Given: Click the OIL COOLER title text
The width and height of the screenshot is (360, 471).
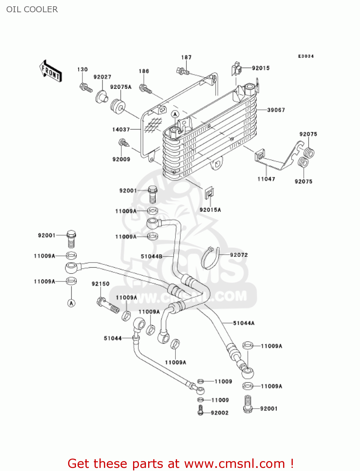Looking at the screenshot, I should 32,9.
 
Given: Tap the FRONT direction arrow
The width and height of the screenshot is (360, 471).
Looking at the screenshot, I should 51,71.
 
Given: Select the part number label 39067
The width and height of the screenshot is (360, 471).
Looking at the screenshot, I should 276,110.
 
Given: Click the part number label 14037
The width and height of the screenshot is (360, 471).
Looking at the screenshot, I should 121,129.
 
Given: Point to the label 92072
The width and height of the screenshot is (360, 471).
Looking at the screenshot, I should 239,255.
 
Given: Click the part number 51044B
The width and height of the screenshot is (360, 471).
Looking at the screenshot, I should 151,257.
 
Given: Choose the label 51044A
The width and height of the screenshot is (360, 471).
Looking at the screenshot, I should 244,323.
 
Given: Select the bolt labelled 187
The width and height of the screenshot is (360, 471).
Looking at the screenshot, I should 183,72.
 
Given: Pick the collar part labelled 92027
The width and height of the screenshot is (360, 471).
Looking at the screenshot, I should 101,96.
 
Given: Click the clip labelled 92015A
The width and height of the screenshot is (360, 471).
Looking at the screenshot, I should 209,193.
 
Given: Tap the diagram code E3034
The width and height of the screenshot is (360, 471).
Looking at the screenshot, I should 306,56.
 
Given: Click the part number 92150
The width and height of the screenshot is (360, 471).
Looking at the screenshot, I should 100,284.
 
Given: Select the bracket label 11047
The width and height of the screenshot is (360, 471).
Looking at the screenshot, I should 266,179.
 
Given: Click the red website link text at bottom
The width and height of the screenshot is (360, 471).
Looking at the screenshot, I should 180,464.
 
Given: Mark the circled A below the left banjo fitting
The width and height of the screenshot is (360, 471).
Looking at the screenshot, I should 72,303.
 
